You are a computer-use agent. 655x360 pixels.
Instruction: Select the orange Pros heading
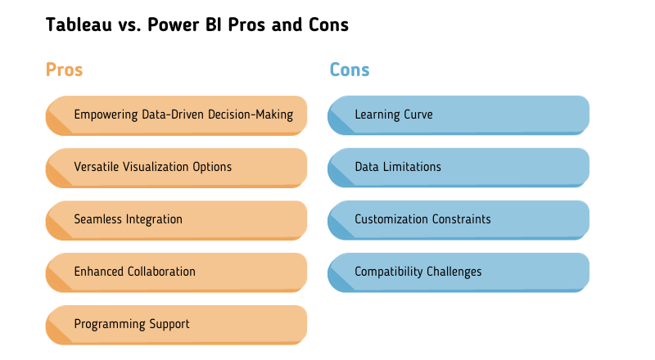(x=64, y=70)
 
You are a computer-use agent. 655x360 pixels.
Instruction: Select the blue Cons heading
(x=350, y=70)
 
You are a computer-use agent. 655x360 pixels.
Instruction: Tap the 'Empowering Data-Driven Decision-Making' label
(x=183, y=115)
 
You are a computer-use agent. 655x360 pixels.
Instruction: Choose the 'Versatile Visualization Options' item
(x=153, y=167)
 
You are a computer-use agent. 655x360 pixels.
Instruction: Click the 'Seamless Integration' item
(x=129, y=219)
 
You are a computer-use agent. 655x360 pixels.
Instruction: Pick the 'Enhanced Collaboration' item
(x=135, y=272)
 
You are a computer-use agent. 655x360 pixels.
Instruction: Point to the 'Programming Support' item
(x=132, y=324)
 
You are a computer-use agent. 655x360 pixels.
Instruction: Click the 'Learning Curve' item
(x=394, y=115)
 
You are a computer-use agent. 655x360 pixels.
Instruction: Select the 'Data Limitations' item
(x=398, y=167)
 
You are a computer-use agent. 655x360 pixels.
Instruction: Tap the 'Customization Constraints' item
(x=422, y=219)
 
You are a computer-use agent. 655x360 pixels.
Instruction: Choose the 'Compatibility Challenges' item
(x=418, y=272)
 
